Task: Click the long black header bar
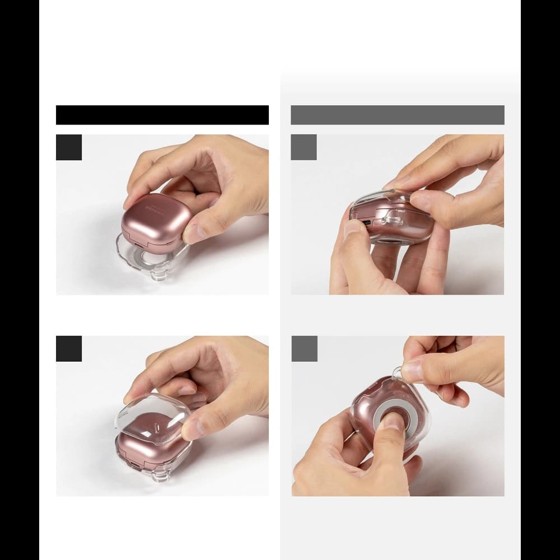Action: pyautogui.click(x=162, y=115)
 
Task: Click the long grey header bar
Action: pyautogui.click(x=398, y=115)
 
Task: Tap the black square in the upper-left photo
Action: pyautogui.click(x=69, y=147)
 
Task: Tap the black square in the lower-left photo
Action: pyautogui.click(x=69, y=349)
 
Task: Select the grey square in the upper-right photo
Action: pyautogui.click(x=304, y=147)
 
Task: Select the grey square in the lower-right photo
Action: pyautogui.click(x=304, y=349)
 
